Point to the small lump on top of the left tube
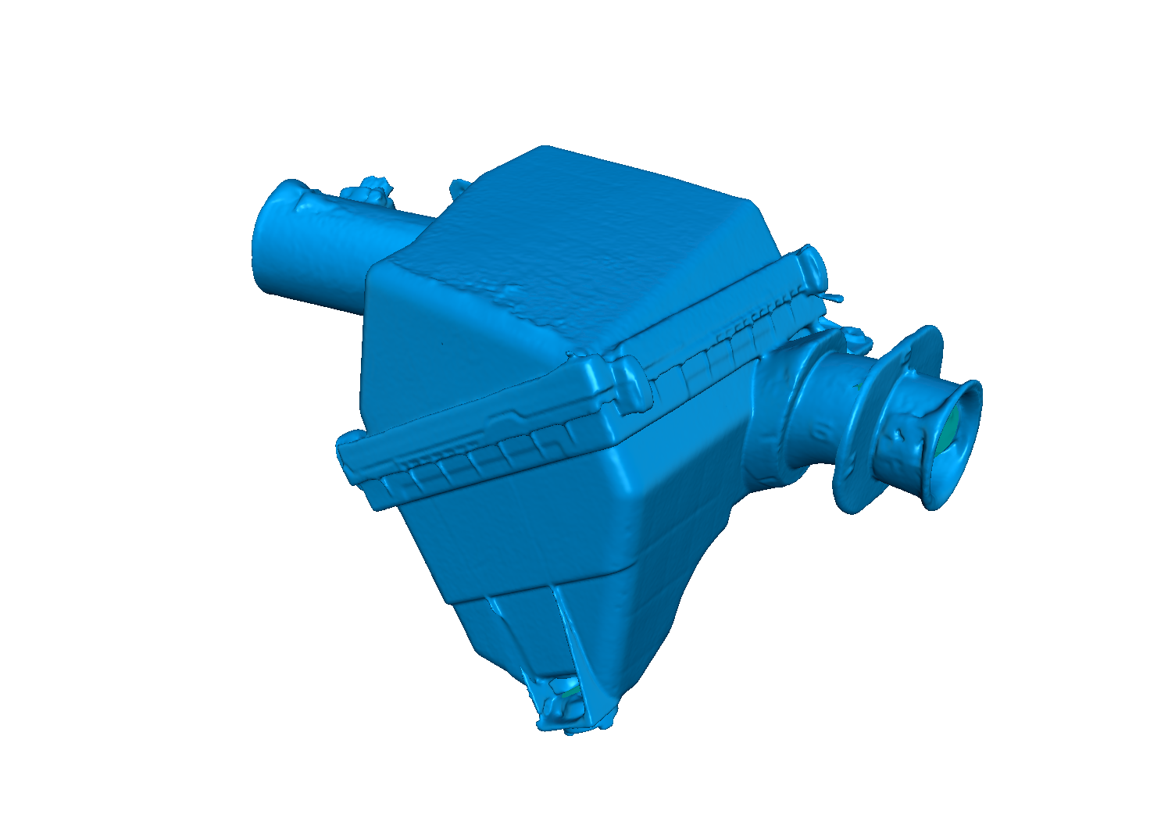[367, 190]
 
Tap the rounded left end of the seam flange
[348, 453]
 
